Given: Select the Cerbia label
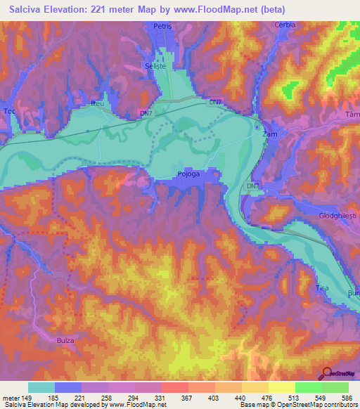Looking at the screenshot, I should point(285,25).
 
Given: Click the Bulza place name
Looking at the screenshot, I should point(65,340).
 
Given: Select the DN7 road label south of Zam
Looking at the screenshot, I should point(253,186).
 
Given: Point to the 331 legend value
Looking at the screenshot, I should point(161,397).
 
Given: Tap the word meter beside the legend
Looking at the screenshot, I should point(11,397).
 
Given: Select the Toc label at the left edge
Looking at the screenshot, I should point(8,112).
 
